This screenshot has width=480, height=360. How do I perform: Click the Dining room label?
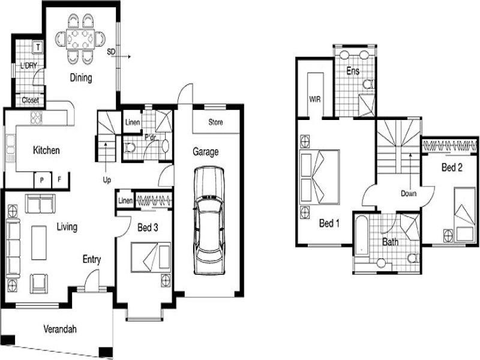click(x=81, y=78)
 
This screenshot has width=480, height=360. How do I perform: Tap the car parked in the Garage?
click(x=209, y=220)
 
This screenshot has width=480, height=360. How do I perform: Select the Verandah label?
click(x=60, y=329)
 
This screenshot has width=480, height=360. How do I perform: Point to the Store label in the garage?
click(x=215, y=122)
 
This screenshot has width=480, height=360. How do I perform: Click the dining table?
click(x=80, y=39)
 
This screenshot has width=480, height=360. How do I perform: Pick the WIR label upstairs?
click(x=314, y=99)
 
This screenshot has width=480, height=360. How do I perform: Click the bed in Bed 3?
click(x=151, y=257)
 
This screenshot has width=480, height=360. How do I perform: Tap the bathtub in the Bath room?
click(x=362, y=236)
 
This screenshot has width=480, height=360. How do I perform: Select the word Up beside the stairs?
click(x=107, y=181)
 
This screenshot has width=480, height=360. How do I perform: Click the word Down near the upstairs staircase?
click(x=409, y=193)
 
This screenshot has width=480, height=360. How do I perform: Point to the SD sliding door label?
click(x=111, y=52)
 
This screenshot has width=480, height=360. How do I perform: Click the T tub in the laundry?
click(x=38, y=47)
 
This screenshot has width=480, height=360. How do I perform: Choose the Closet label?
click(x=31, y=100)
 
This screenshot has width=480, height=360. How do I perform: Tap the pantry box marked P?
click(x=42, y=181)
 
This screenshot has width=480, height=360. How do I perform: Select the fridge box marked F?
click(x=60, y=180)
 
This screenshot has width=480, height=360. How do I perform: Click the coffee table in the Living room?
click(x=39, y=243)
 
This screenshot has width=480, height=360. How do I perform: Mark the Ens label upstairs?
click(x=353, y=71)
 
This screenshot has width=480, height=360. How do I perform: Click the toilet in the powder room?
click(x=130, y=148)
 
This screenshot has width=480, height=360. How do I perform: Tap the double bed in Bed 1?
click(x=319, y=176)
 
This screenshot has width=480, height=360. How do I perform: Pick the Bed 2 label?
click(x=452, y=167)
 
